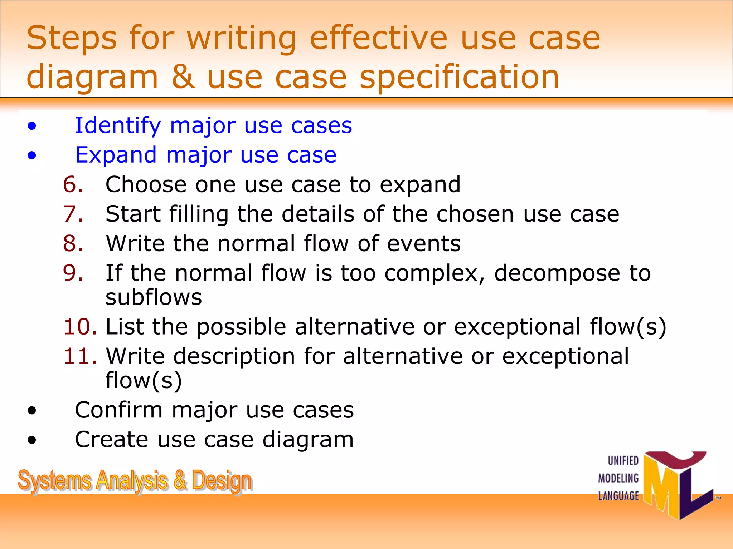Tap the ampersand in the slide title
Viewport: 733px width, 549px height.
click(x=183, y=77)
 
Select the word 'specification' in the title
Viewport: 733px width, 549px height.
click(x=459, y=78)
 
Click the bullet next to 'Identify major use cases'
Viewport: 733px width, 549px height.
click(x=32, y=126)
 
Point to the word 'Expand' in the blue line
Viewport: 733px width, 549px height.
click(x=116, y=155)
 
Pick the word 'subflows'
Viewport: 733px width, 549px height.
click(x=154, y=297)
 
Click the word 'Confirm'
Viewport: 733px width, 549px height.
click(x=118, y=410)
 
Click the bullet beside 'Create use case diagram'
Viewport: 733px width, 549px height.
click(x=32, y=440)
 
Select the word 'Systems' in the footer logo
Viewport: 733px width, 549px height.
click(x=54, y=481)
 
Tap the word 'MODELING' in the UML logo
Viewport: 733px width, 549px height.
click(x=618, y=478)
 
